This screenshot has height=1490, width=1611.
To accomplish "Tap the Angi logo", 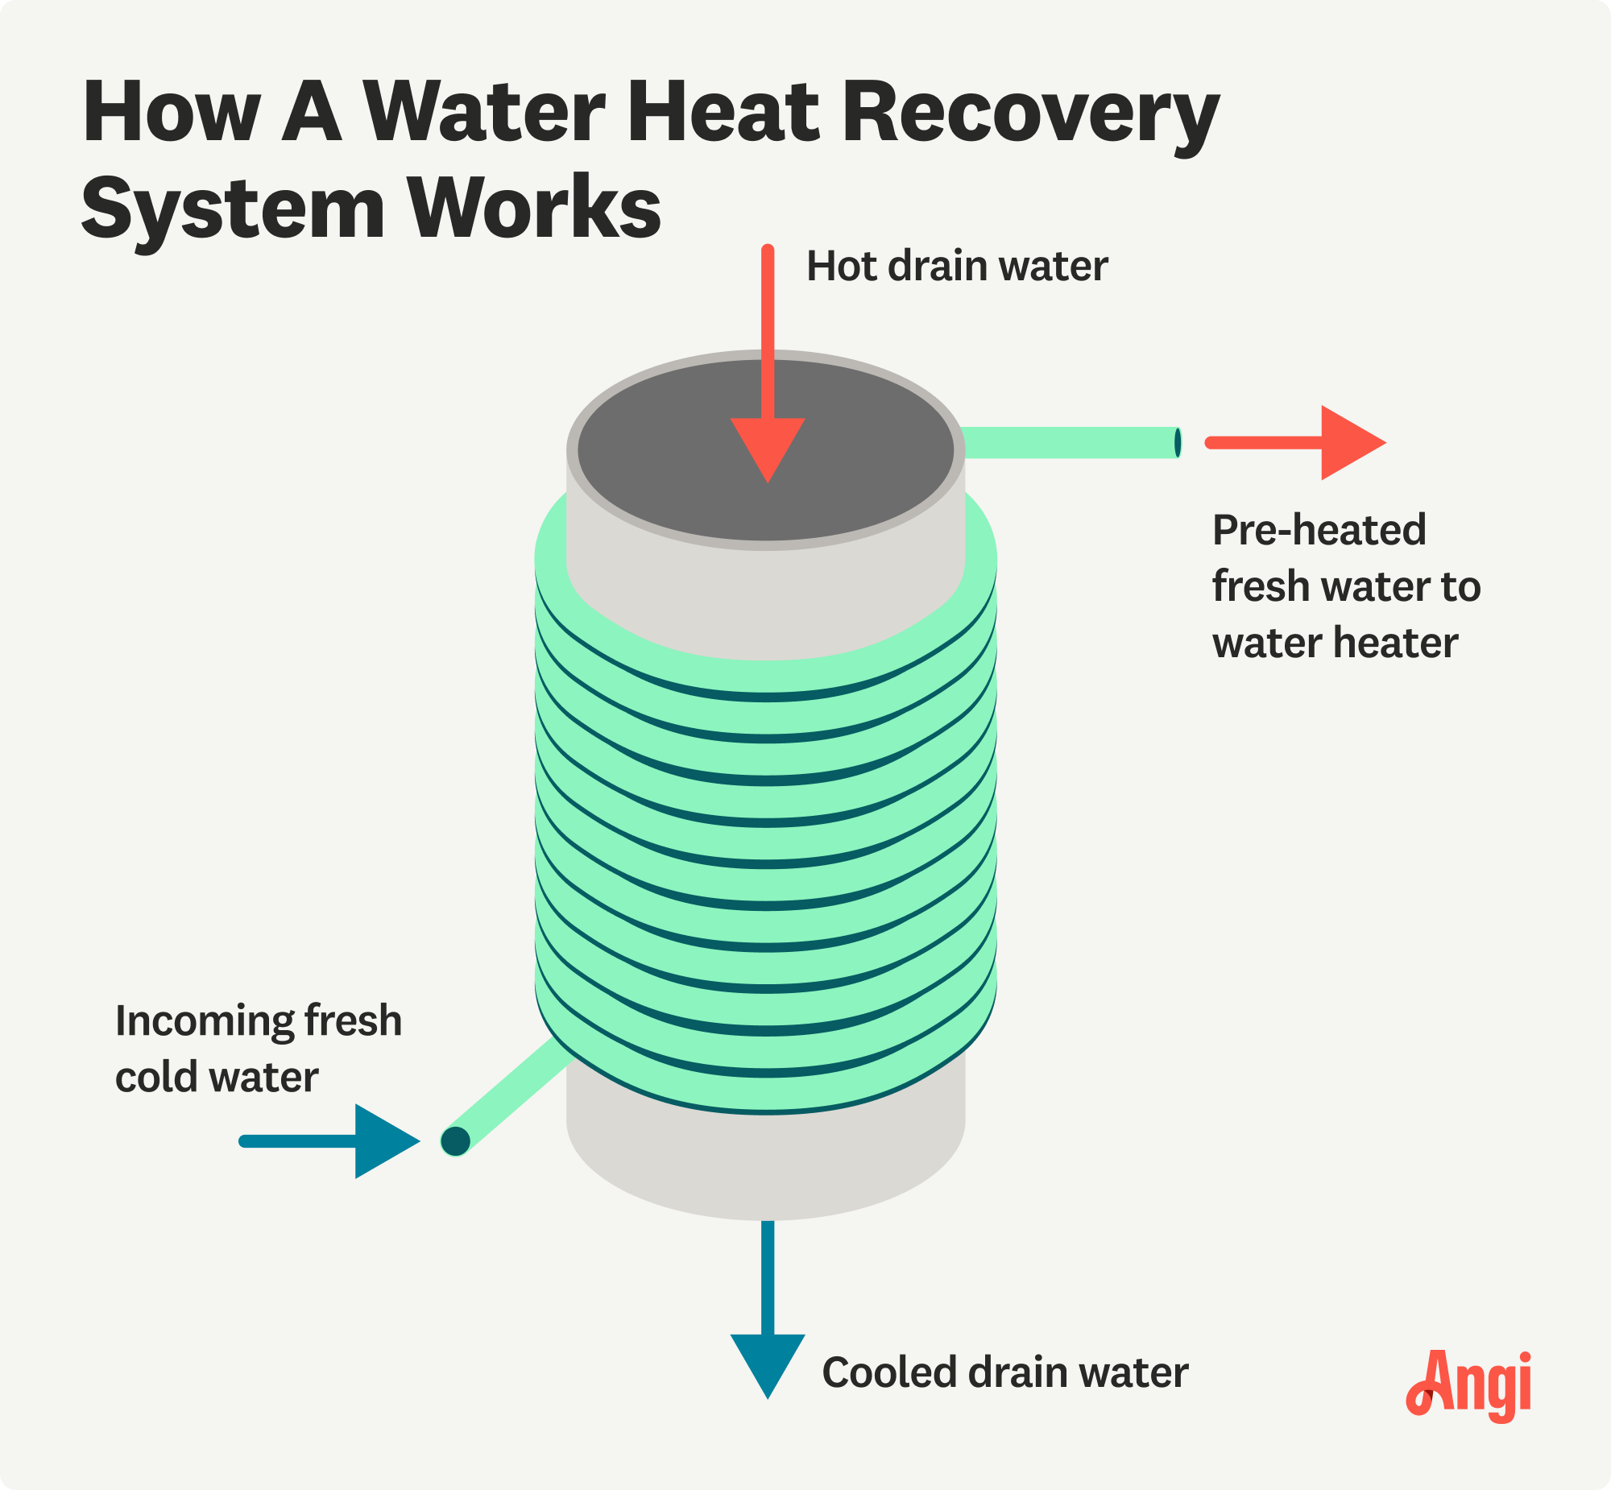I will (x=1468, y=1384).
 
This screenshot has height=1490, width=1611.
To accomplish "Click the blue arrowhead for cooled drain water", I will (x=768, y=1363).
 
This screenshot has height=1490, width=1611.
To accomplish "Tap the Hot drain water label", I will (x=956, y=266).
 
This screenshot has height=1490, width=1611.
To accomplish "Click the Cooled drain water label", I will (x=1004, y=1372).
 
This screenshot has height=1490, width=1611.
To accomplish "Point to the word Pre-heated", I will (x=1319, y=531).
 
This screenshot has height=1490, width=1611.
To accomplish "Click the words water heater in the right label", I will (x=1336, y=643).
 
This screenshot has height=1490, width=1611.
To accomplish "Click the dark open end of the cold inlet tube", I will (x=456, y=1141).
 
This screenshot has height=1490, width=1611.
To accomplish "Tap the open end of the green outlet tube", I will (x=1178, y=443).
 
